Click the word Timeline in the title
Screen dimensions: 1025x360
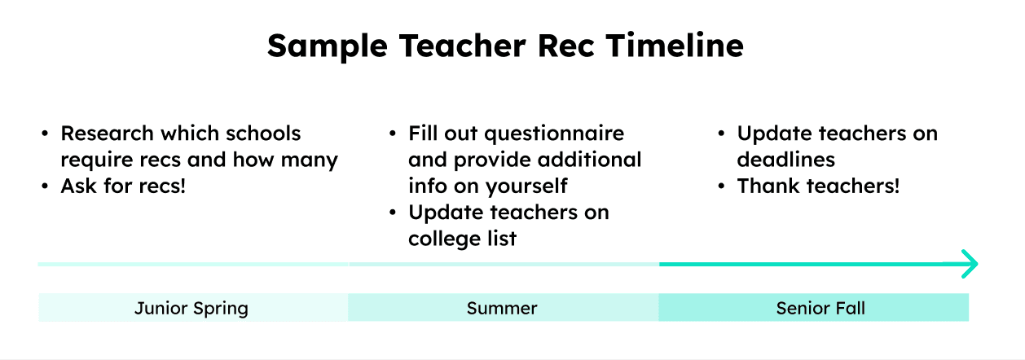675,46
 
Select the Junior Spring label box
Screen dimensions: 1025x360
193,307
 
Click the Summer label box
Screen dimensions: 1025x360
504,307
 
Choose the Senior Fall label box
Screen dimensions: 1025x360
814,307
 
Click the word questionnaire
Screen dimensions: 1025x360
554,134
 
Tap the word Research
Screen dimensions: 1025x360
107,134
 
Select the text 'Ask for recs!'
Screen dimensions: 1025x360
123,186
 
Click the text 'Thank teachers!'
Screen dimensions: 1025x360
818,186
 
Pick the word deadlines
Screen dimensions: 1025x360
785,160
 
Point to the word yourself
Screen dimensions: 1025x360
526,187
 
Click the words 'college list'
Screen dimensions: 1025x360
462,239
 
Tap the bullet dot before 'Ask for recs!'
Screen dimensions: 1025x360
45,187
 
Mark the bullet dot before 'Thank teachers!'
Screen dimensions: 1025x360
722,187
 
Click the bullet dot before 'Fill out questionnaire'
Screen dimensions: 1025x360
393,134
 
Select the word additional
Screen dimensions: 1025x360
589,160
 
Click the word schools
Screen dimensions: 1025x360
263,134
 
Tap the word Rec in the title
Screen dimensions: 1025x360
566,46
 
